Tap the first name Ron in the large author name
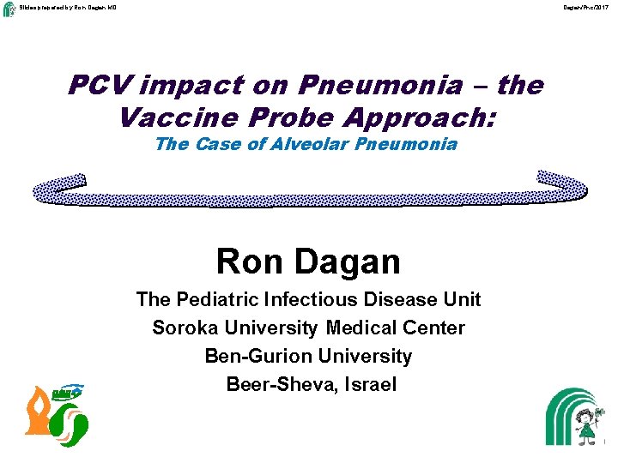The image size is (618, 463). [250, 261]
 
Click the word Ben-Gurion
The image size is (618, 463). [258, 356]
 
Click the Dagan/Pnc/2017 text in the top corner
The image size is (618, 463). [587, 7]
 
